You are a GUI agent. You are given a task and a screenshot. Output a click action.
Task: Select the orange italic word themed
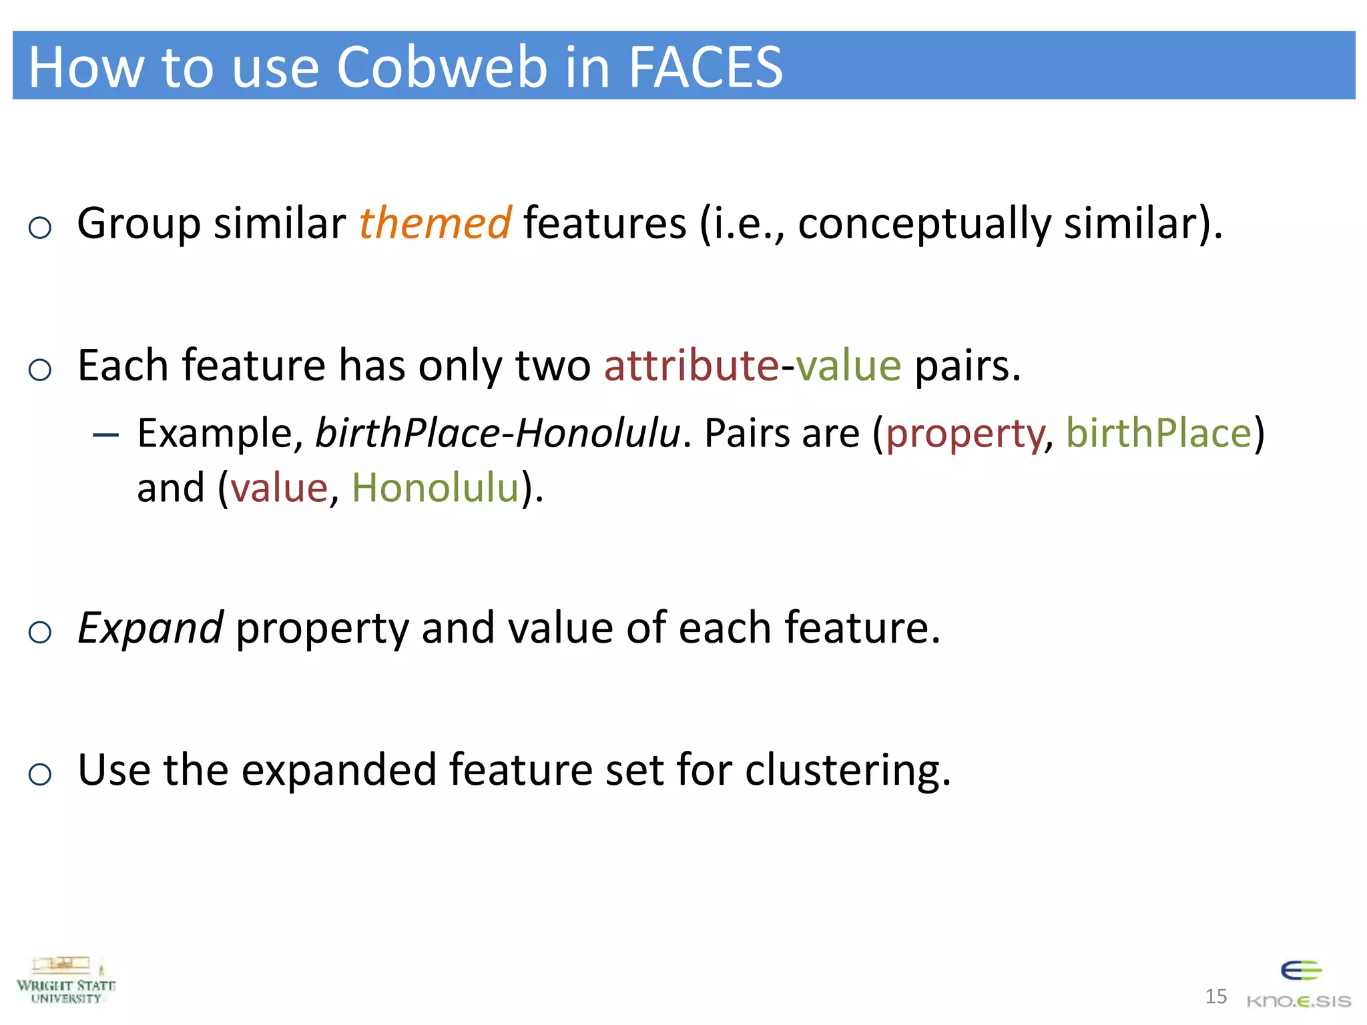click(435, 223)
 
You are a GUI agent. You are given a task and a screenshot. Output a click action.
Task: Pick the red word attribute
click(692, 366)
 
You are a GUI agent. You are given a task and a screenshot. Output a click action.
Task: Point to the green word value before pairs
click(848, 366)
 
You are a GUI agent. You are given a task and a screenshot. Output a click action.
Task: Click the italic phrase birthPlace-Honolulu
click(498, 434)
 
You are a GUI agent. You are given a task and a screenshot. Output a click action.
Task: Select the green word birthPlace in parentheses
click(1158, 434)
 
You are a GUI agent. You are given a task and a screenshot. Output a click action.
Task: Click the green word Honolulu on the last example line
click(435, 488)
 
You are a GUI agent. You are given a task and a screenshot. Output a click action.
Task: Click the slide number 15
click(1215, 996)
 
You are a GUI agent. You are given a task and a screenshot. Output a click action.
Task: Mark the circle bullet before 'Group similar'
click(40, 228)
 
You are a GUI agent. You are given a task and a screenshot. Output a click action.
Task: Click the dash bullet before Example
click(106, 436)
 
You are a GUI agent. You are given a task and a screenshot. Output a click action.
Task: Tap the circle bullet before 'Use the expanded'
click(40, 774)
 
